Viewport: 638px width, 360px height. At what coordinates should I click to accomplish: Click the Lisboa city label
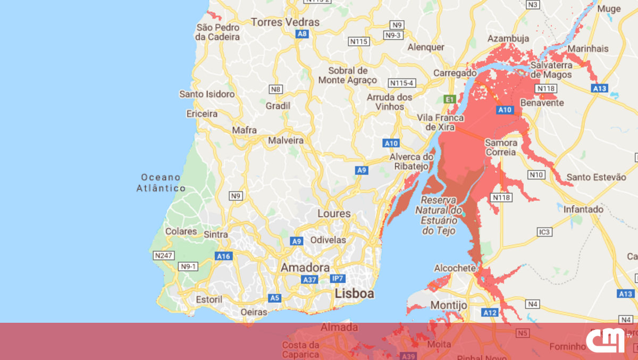point(354,294)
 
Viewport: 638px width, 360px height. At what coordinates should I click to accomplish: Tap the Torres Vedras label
point(286,22)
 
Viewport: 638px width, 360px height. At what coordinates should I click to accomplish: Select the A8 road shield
point(302,34)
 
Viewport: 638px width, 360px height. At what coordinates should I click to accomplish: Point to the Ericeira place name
point(202,114)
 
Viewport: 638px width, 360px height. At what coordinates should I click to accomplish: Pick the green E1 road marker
point(450,99)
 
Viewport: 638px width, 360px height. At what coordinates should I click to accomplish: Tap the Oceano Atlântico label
point(161,182)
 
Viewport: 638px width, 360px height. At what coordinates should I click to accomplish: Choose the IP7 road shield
point(338,279)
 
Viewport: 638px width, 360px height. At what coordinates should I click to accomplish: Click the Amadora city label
point(305,267)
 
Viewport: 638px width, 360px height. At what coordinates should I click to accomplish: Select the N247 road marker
point(163,256)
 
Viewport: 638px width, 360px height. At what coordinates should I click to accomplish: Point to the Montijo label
point(448,305)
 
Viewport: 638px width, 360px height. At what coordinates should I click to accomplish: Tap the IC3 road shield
point(545,232)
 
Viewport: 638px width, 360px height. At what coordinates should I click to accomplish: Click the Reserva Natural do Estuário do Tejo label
point(439,215)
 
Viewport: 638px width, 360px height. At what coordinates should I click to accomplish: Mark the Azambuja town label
point(508,38)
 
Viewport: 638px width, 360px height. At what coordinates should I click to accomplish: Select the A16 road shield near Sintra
point(223,256)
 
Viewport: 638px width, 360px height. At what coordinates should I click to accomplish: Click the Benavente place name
point(542,102)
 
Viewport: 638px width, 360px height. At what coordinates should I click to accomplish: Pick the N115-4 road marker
point(402,83)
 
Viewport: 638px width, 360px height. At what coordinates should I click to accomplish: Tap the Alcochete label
point(455,268)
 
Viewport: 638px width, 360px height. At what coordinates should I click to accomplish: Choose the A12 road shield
point(490,313)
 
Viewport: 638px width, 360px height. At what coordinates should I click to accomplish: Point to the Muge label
point(609,9)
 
